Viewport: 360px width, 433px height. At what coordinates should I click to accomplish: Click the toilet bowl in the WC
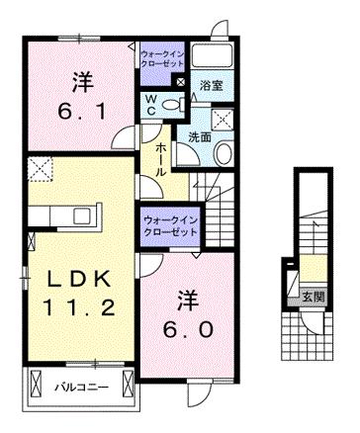[174, 105]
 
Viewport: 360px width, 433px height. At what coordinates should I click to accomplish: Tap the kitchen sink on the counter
[81, 214]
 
